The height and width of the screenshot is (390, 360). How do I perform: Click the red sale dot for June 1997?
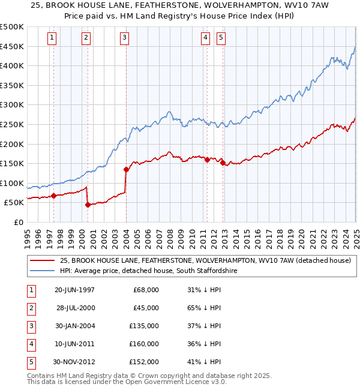tap(53, 196)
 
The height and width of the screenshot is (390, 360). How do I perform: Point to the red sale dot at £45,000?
tap(88, 205)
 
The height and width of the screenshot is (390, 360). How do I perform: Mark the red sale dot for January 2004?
tap(127, 169)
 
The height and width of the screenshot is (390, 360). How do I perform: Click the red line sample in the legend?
tap(42, 260)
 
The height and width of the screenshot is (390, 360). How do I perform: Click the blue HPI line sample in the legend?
tap(42, 271)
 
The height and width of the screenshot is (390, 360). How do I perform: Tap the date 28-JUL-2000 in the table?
tap(76, 308)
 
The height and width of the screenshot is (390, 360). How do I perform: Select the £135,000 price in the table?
tap(145, 326)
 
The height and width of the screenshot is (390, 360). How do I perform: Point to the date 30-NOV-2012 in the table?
tap(74, 362)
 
